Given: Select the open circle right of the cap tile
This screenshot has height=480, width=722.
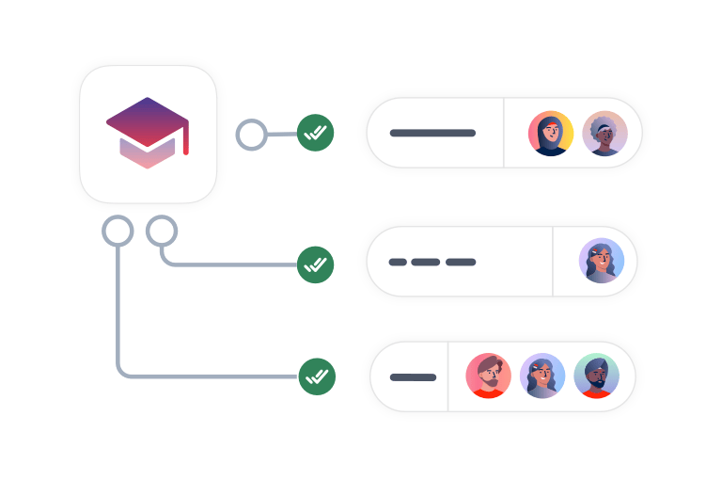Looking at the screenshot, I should point(250,135).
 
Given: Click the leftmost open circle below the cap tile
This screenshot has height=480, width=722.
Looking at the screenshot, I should point(118,231).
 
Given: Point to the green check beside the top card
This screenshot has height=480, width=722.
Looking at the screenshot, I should point(316,133).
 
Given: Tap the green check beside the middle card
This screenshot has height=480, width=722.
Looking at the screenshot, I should point(316,264).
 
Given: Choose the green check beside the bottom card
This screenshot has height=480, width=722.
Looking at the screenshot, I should point(316,376).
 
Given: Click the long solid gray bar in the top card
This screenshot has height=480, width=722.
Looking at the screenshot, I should point(432,133).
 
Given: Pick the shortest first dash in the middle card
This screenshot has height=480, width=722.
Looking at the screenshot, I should point(398,262).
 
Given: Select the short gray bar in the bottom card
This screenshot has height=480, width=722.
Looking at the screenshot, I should point(413,377).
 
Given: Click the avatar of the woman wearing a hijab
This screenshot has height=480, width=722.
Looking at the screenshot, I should point(550,134).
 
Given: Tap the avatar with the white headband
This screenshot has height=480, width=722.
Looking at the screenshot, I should point(604,134).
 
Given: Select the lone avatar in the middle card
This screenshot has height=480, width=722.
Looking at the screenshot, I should point(602,261).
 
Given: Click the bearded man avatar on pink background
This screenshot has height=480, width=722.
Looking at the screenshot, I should point(489,376).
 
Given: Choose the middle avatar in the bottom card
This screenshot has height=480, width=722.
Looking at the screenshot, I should point(542,376).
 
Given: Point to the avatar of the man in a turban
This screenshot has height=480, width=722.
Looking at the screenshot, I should point(596,376).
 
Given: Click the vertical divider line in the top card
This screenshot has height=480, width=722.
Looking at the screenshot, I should point(504,133).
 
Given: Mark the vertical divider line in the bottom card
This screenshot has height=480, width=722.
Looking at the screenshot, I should point(447,376).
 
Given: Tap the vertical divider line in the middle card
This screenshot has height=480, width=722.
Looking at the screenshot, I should point(553,261).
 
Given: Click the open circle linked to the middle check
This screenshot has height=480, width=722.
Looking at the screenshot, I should point(162,231).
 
